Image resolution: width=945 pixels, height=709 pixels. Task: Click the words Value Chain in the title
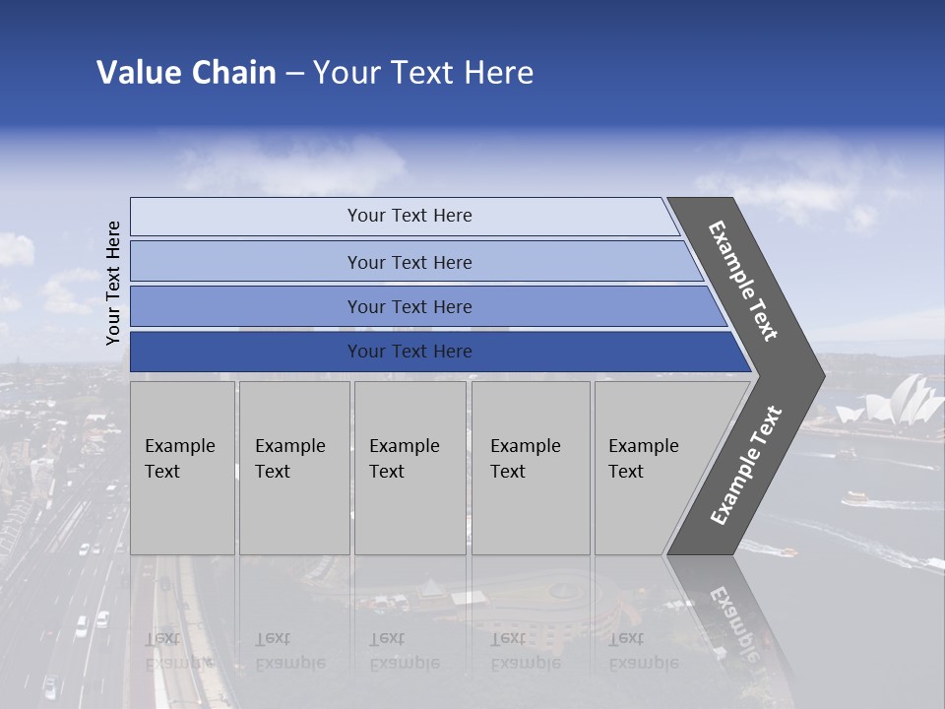[x=186, y=73]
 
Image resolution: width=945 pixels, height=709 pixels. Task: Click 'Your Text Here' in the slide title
[x=423, y=73]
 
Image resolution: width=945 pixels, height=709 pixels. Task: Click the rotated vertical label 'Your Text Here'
[x=114, y=283]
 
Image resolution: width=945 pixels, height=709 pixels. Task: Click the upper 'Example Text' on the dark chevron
[x=743, y=281]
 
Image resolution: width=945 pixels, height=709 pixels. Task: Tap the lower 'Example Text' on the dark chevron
[x=745, y=466]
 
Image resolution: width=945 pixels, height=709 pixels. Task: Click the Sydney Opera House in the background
[x=902, y=399]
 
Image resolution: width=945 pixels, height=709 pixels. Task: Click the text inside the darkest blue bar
[x=409, y=352]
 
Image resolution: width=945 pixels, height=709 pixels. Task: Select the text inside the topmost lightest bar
[x=409, y=216]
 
